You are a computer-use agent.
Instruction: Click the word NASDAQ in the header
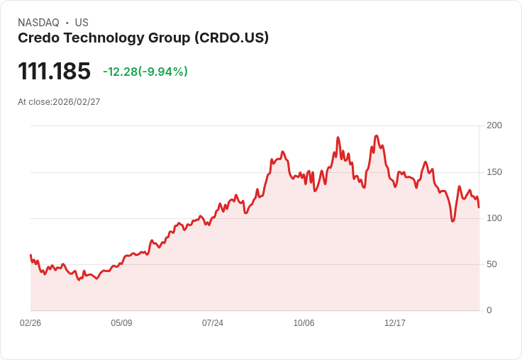coord(38,23)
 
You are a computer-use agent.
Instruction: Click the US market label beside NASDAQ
coord(82,23)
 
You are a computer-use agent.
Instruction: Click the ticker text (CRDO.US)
coord(231,38)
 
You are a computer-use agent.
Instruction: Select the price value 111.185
coord(55,72)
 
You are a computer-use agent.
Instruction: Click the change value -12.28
coord(119,72)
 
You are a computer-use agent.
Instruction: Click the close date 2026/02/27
coord(77,102)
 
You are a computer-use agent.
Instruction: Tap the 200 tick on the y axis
coord(494,125)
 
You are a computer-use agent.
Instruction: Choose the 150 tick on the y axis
coord(494,171)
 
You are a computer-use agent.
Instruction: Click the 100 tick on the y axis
coord(494,218)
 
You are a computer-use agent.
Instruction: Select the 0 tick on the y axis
coord(489,310)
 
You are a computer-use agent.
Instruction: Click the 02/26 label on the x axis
coord(30,323)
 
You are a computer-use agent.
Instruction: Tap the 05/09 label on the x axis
coord(121,323)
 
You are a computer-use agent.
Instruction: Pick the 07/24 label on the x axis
coord(213,323)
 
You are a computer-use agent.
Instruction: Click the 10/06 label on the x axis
coord(304,323)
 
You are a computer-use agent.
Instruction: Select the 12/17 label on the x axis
coord(395,323)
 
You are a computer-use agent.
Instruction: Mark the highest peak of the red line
coord(376,135)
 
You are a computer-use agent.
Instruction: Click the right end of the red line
coord(479,207)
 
